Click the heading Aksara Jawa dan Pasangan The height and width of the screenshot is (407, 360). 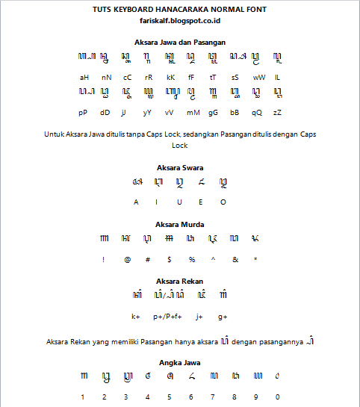[x=180, y=43]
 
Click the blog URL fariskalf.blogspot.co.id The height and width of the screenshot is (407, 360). [x=180, y=22]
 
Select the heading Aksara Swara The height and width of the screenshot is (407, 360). [x=180, y=167]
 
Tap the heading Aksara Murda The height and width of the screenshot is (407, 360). [x=180, y=224]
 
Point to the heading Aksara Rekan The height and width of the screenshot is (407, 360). [x=180, y=282]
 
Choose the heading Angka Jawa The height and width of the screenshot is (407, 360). [x=180, y=362]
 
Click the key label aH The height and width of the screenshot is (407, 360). [x=84, y=77]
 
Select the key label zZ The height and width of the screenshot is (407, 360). [x=277, y=112]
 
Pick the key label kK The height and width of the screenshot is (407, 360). [x=170, y=77]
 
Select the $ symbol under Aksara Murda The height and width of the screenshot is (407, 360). [x=170, y=259]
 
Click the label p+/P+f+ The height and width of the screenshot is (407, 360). [x=168, y=317]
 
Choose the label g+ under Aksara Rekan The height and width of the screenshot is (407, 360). [x=223, y=317]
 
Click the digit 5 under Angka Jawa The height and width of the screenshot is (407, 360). [x=170, y=397]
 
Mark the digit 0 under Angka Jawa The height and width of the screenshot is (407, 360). [x=277, y=397]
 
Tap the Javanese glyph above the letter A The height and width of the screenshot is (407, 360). [x=136, y=182]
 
